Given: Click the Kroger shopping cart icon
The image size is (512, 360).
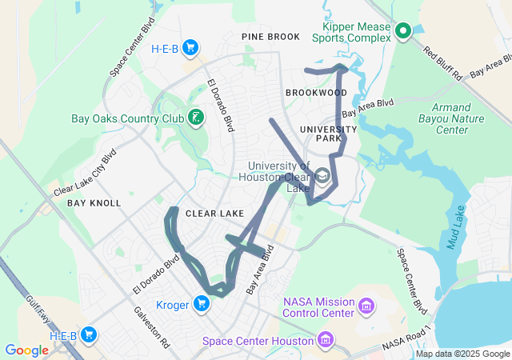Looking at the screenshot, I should click(201, 303).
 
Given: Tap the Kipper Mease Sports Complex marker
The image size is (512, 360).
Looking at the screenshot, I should click(403, 31).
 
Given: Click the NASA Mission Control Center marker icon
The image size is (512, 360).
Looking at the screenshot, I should click(366, 306).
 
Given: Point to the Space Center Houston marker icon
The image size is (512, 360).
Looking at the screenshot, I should click(325, 342).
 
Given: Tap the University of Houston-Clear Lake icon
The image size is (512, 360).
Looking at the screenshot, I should click(323, 175).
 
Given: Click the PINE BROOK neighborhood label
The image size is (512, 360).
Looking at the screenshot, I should click(270, 37).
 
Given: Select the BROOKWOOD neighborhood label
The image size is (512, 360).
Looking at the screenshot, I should click(316, 93).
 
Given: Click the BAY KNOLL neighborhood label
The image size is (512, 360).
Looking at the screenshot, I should click(94, 203).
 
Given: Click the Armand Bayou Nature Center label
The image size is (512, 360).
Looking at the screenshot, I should click(460, 118).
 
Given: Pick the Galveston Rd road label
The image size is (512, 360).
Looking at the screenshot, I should click(151, 327).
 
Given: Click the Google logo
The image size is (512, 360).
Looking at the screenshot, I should click(26, 350).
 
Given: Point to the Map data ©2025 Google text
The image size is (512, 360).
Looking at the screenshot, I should click(462, 354).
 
